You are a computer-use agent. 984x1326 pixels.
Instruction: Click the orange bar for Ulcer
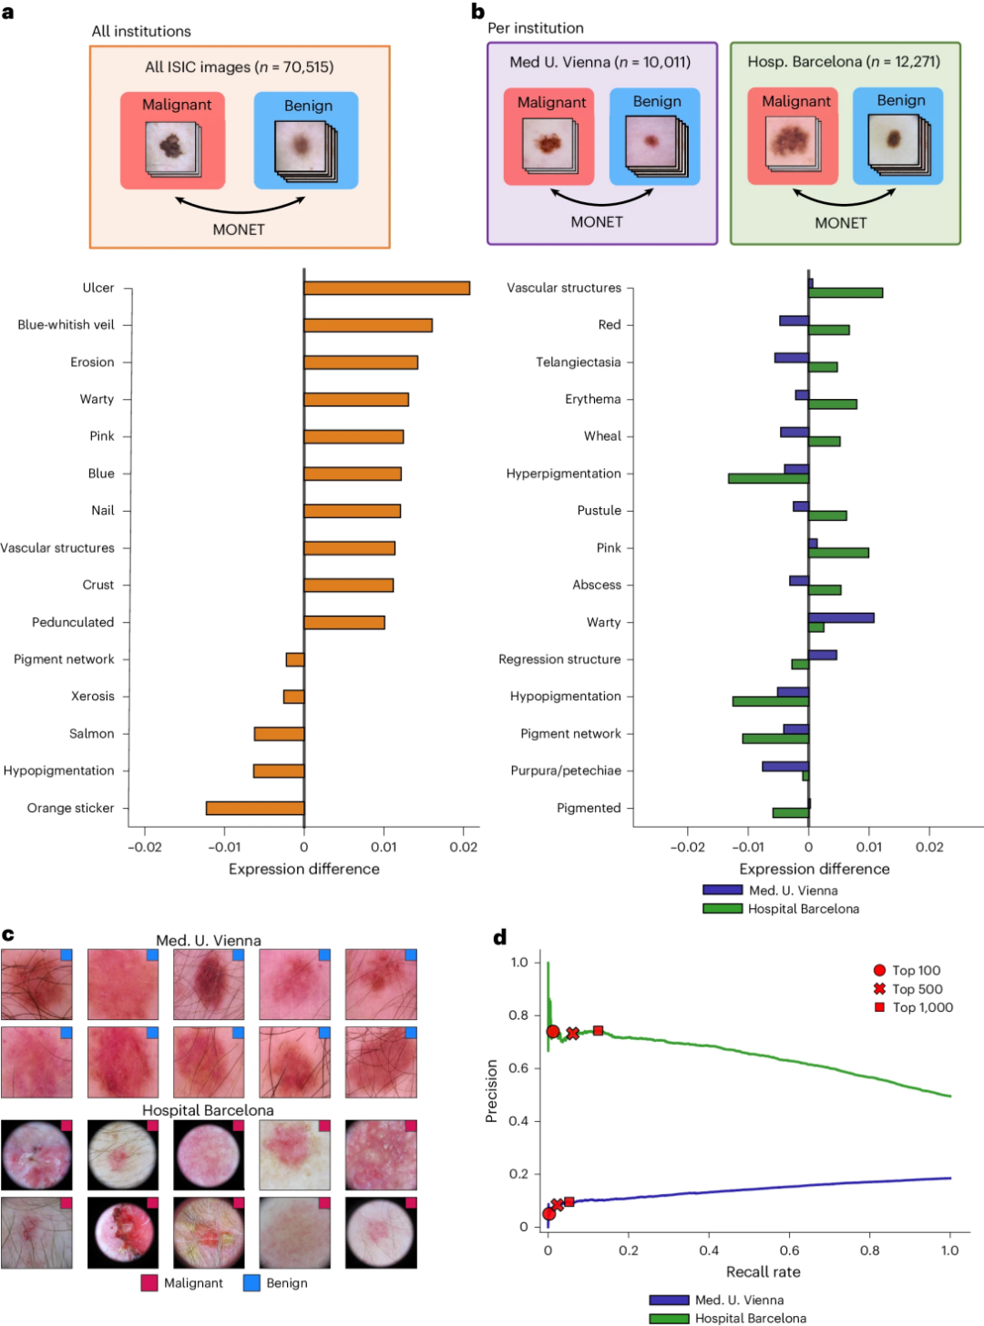[x=386, y=288]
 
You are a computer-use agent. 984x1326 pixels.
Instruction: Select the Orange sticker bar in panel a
[x=255, y=808]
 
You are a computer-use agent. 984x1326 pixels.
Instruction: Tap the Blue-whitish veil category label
[x=66, y=325]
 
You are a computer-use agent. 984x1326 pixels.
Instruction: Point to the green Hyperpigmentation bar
[x=768, y=478]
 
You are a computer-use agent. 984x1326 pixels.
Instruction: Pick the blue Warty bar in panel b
[x=841, y=617]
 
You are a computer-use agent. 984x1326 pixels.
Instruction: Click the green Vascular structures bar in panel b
[x=846, y=292]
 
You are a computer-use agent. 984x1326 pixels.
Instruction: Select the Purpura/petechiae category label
[x=565, y=770]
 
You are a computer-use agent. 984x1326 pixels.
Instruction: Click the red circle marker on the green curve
[x=553, y=1032]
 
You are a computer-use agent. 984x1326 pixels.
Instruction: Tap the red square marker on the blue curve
[x=569, y=1201]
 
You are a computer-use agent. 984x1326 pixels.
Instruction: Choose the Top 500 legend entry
[x=917, y=989]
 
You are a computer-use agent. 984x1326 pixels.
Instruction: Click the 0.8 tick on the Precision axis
[x=518, y=1015]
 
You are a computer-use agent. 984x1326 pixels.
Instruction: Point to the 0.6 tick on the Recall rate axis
[x=789, y=1250]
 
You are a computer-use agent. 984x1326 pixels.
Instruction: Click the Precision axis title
[x=492, y=1090]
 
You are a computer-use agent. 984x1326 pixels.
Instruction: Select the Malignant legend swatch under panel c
[x=149, y=1283]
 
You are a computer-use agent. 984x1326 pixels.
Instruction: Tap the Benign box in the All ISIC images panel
[x=306, y=140]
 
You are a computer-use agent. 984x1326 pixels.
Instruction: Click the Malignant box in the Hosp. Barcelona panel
[x=793, y=136]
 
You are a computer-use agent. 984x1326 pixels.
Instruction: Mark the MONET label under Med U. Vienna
[x=597, y=222]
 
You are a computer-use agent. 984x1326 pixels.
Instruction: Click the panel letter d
[x=499, y=937]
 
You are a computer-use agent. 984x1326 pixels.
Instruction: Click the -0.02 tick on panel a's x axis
[x=145, y=847]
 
